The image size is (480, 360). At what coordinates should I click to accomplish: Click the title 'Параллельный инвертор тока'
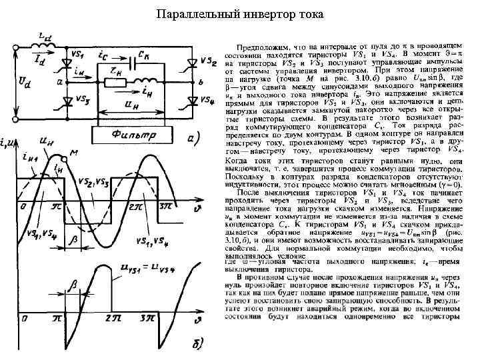tap(240, 14)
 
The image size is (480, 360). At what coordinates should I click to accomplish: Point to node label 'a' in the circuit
tap(60, 82)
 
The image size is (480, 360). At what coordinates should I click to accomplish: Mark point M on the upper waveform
tap(67, 158)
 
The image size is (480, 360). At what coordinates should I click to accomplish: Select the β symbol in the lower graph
tap(74, 285)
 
